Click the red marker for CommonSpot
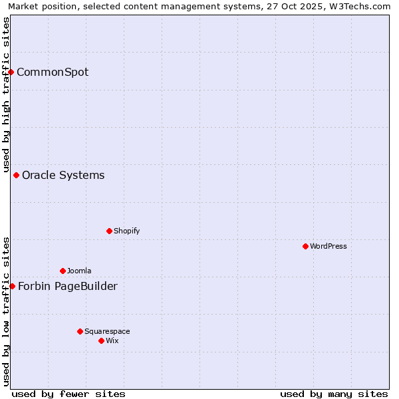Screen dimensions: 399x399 pyautogui.click(x=11, y=72)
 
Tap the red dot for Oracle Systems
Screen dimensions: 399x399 pyautogui.click(x=17, y=175)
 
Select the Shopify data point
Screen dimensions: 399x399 pyautogui.click(x=110, y=231)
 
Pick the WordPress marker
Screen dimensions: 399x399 pyautogui.click(x=306, y=246)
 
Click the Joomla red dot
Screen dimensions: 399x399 pyautogui.click(x=63, y=271)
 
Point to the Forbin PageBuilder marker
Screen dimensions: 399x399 pyautogui.click(x=12, y=286)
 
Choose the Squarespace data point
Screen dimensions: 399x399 pyautogui.click(x=80, y=331)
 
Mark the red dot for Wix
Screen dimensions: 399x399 pyautogui.click(x=102, y=340)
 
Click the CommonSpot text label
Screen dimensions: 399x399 pyautogui.click(x=53, y=72)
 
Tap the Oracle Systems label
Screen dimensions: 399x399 pyautogui.click(x=63, y=176)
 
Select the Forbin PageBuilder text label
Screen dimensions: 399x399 pyautogui.click(x=68, y=287)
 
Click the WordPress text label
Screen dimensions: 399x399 pyautogui.click(x=329, y=247)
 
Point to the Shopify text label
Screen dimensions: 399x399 pyautogui.click(x=126, y=231)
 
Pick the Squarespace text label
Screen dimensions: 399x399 pyautogui.click(x=107, y=332)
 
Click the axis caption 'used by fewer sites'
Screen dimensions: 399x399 pyautogui.click(x=68, y=394)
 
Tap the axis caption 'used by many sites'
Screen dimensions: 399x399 pyautogui.click(x=334, y=394)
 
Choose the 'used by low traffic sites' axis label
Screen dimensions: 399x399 pyautogui.click(x=7, y=311)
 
